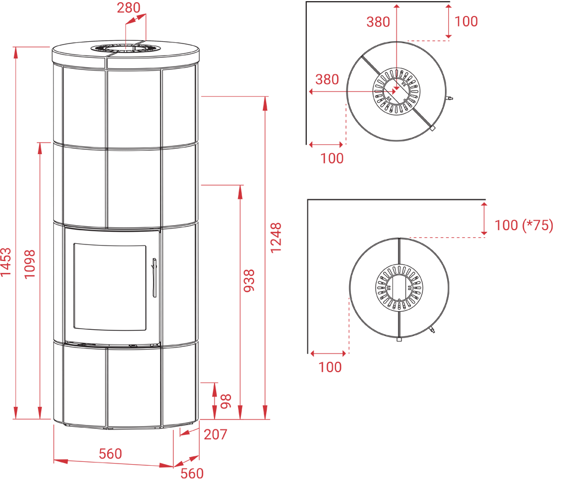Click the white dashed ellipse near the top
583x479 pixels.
pyautogui.click(x=126, y=48)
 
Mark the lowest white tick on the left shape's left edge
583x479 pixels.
pyautogui.click(x=50, y=341)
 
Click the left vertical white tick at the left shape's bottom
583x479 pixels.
pyautogui.click(x=106, y=432)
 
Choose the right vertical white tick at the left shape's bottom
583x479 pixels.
pyautogui.click(x=161, y=432)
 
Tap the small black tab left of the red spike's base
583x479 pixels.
pyautogui.click(x=301, y=355)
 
